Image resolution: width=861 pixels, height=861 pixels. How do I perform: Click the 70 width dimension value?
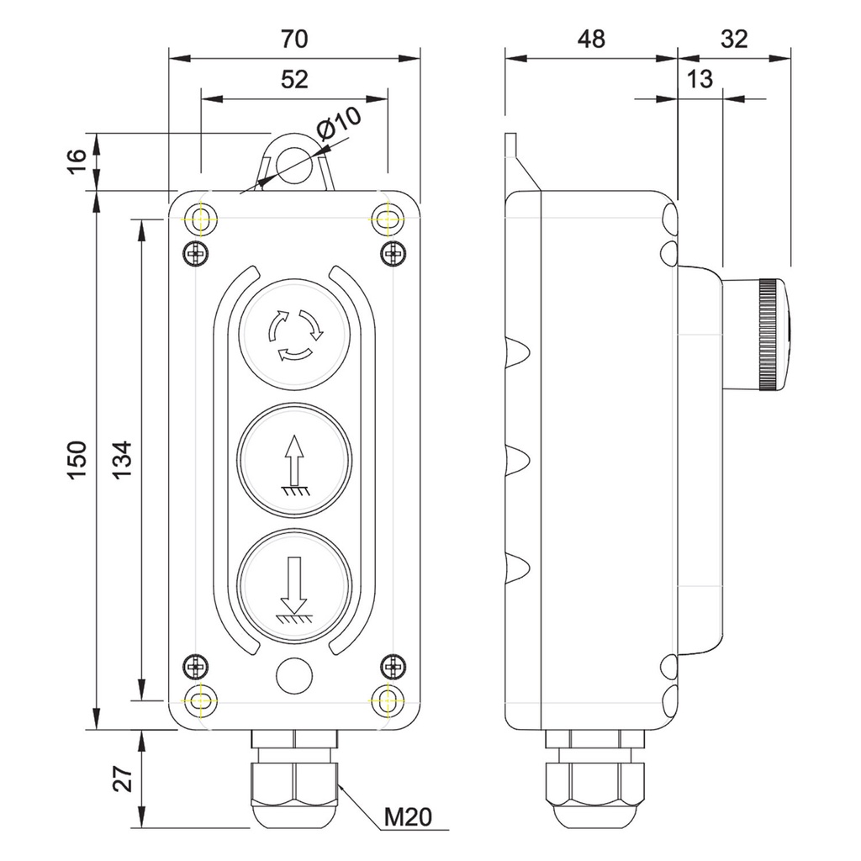pyautogui.click(x=293, y=40)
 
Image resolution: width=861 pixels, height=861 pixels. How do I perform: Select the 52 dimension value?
pyautogui.click(x=293, y=80)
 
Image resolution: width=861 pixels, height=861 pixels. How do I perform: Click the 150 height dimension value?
pyautogui.click(x=76, y=460)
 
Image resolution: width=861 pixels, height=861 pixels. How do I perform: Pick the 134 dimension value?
pyautogui.click(x=123, y=460)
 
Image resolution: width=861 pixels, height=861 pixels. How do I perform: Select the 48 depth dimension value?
pyautogui.click(x=590, y=40)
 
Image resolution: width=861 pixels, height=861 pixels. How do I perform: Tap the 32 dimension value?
pyautogui.click(x=734, y=40)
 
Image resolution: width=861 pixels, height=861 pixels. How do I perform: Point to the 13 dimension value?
pyautogui.click(x=699, y=80)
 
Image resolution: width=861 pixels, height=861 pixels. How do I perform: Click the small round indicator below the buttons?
pyautogui.click(x=293, y=675)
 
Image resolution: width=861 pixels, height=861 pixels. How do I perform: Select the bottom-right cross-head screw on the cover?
pyautogui.click(x=392, y=667)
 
